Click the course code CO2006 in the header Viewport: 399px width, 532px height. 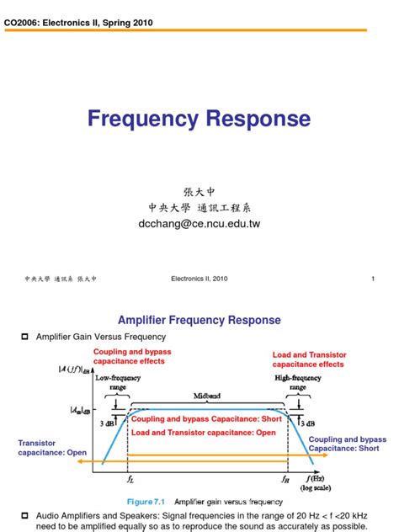point(26,23)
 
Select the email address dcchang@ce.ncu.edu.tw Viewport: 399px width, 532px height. point(199,225)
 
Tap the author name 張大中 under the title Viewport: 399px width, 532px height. point(199,193)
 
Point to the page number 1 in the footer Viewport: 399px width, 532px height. point(371,278)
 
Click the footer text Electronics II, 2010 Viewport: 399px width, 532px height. point(199,278)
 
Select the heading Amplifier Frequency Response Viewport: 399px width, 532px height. point(199,321)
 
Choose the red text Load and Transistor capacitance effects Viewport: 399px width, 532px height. point(308,359)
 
